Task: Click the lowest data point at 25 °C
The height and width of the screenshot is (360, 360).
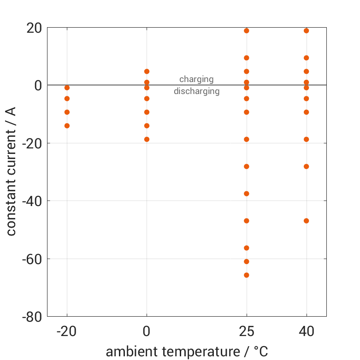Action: [247, 275]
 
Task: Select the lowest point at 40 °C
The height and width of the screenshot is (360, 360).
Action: [307, 221]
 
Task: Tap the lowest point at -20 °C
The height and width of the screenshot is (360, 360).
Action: [67, 126]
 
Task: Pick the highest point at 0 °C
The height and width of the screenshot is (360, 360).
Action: [147, 71]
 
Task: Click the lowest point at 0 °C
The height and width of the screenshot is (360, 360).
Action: [147, 139]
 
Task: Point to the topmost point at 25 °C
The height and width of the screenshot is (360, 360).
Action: [247, 31]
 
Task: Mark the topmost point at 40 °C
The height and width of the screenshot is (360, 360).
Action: [307, 31]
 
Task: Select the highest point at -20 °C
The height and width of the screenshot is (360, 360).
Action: [67, 88]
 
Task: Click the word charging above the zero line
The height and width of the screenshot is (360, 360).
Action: [196, 79]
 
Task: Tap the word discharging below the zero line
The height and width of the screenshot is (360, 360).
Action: [196, 91]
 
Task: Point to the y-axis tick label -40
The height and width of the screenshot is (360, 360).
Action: [31, 201]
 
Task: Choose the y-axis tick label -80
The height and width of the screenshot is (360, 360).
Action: [31, 317]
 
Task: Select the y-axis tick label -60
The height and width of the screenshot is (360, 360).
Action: [31, 259]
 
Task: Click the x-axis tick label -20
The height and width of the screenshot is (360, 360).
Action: [67, 331]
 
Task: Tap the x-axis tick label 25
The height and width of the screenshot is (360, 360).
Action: [247, 331]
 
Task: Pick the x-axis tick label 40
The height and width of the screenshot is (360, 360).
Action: [307, 331]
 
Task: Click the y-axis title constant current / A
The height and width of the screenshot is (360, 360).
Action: [11, 171]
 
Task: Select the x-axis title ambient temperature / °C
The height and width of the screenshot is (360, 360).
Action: [187, 352]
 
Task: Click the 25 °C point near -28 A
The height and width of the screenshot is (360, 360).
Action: [247, 166]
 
